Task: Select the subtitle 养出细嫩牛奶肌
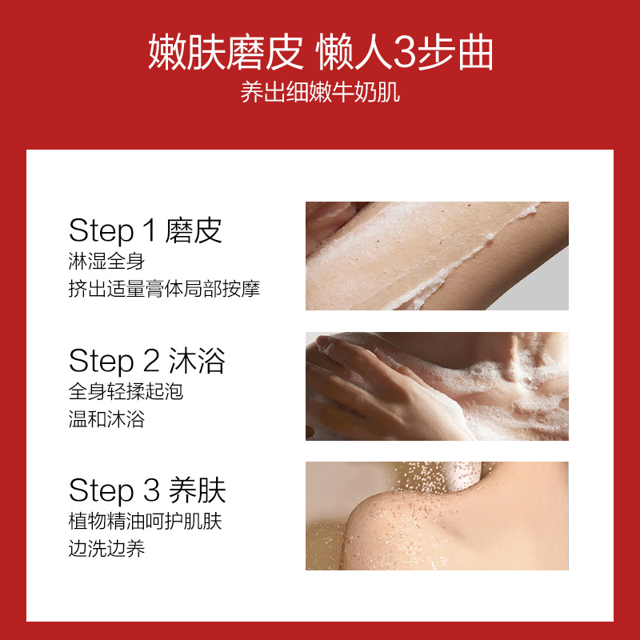coord(320,94)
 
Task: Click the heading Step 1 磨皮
coord(145,231)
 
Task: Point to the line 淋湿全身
coord(106,262)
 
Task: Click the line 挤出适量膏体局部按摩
coord(164,289)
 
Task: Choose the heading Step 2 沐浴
coord(146,362)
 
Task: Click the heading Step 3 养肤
coord(146,490)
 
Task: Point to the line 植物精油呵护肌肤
coord(145,522)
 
